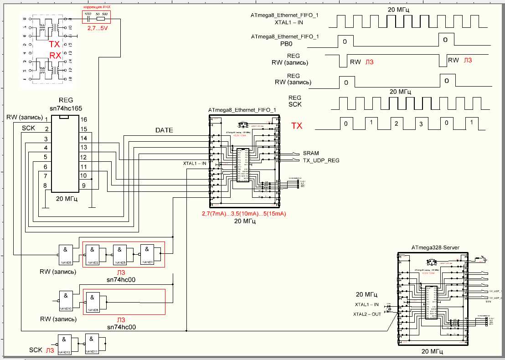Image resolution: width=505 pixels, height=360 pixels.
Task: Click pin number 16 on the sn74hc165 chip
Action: (x=83, y=119)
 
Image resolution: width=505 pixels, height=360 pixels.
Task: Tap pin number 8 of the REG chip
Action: (x=45, y=185)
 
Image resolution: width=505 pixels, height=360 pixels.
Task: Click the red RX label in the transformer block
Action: (x=55, y=55)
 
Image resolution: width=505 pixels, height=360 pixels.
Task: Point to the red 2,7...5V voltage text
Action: (x=98, y=28)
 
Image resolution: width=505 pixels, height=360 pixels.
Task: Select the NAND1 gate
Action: (x=148, y=253)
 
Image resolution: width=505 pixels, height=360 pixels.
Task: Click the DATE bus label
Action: (x=164, y=130)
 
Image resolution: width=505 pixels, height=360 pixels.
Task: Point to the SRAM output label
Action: (x=311, y=153)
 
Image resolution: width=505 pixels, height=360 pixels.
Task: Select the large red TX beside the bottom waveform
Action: (x=297, y=126)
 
